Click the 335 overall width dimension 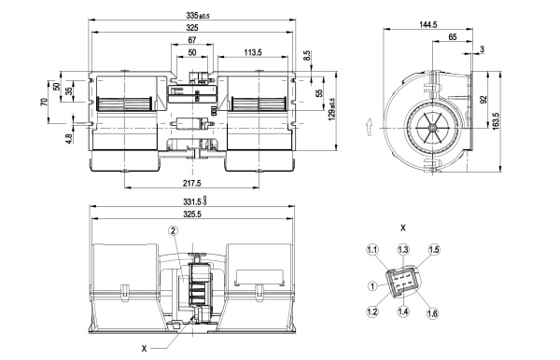tap(198, 15)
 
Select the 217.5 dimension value tap(191, 183)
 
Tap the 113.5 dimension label tap(253, 52)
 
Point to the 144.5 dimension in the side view tap(428, 24)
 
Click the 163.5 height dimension tap(496, 121)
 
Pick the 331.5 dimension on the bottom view tap(195, 201)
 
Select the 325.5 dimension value tap(192, 215)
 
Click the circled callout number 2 tap(174, 231)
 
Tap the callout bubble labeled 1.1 tap(371, 250)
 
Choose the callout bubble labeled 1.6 tap(432, 313)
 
